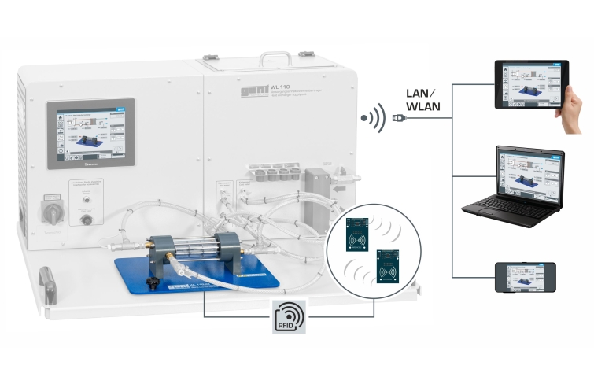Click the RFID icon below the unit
tap(289, 316)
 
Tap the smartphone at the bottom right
tap(525, 277)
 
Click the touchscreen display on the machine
tap(90, 135)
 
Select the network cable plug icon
tap(399, 118)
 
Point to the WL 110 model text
tap(280, 88)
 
